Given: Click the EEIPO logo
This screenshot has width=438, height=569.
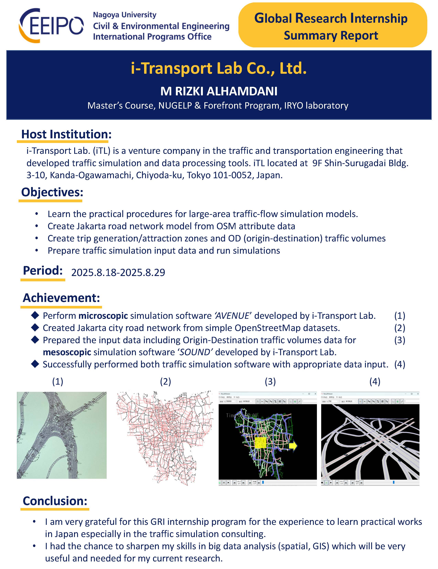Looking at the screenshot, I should pos(51,26).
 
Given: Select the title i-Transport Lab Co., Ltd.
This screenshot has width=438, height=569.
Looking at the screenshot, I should pos(219,68).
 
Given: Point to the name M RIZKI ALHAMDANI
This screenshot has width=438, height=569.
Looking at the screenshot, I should pos(219,91).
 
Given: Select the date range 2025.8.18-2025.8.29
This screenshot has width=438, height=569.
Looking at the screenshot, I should pos(118,272).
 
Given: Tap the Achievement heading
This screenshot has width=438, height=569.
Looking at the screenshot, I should pos(61,297).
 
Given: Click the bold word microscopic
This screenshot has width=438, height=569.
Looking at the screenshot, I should pos(103,316).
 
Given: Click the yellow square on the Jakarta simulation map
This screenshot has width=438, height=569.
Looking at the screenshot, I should pos(260,443).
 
